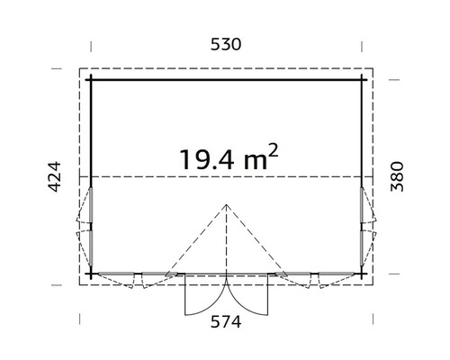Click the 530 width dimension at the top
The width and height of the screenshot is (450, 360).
click(225, 44)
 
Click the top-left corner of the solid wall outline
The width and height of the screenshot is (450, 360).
click(91, 79)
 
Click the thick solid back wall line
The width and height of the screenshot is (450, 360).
click(225, 79)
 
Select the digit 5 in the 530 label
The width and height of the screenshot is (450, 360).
click(212, 44)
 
